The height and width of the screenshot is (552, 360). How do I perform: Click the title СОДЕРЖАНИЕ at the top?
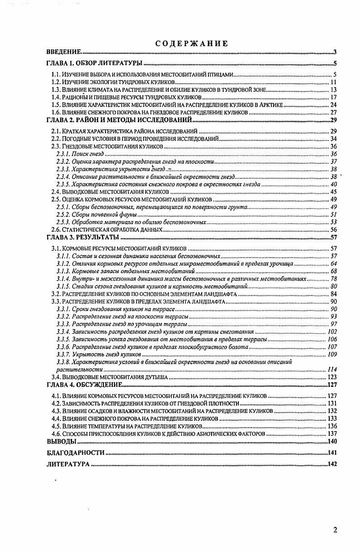(191, 43)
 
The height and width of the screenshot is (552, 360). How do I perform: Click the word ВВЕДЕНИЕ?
(64, 52)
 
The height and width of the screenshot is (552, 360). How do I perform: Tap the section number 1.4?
(56, 97)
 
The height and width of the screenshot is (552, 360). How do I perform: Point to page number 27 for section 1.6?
(334, 112)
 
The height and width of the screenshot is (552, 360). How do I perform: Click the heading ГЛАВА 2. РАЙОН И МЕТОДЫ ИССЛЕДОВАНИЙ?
(120, 120)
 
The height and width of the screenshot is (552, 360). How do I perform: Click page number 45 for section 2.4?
(334, 192)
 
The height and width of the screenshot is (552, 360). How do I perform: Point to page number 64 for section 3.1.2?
(334, 263)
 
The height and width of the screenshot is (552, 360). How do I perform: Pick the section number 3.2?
(56, 294)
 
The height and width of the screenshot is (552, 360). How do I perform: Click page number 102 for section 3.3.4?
(332, 332)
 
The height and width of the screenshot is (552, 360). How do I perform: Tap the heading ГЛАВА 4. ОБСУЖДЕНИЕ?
(85, 385)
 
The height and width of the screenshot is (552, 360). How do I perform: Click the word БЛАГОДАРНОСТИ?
(76, 452)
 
